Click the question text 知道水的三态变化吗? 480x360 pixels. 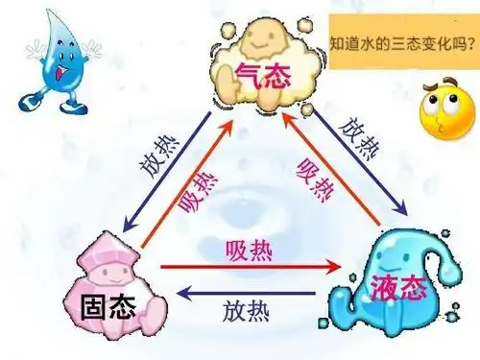point(402,42)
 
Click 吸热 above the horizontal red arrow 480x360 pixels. point(247,252)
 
